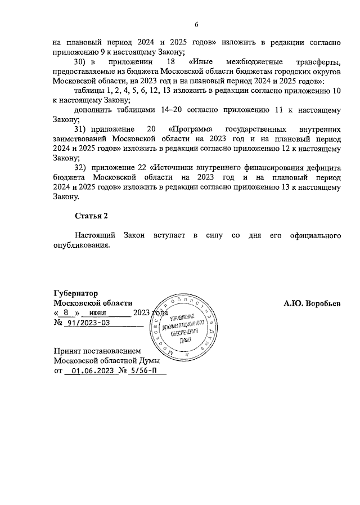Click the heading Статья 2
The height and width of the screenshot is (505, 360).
tap(91, 216)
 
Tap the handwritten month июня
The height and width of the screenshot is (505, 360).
tap(98, 313)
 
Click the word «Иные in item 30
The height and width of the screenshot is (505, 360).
tap(201, 60)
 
